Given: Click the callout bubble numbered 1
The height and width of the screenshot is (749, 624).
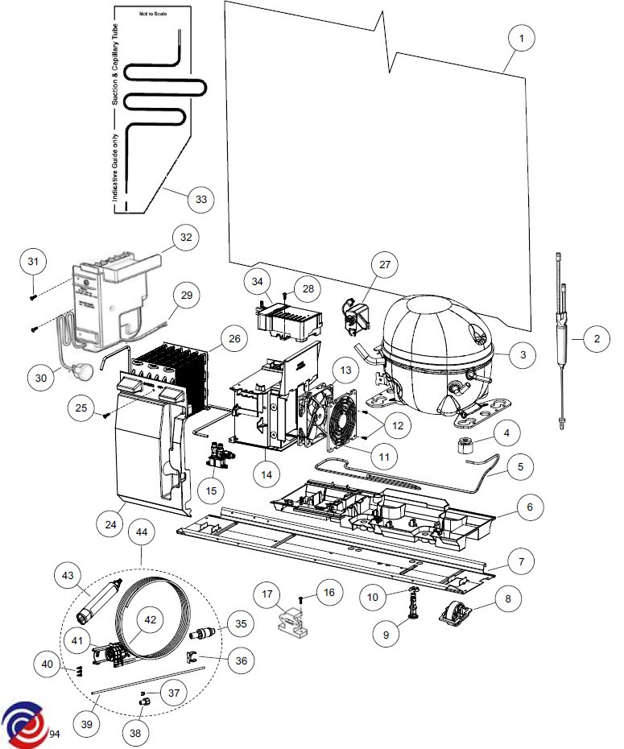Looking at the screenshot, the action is point(521,38).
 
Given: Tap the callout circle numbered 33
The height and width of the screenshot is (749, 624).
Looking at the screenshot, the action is point(201,199).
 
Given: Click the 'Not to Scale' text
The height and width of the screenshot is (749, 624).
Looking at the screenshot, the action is point(153,14).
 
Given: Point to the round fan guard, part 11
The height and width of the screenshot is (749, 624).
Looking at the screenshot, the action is point(342,420).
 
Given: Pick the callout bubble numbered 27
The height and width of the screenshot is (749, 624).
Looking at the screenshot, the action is point(385,264).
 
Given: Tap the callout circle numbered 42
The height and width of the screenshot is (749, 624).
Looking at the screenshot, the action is point(151,619).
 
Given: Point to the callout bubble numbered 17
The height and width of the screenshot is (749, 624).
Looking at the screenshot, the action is point(267,594).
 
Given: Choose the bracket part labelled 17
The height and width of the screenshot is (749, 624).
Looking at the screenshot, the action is point(291,623).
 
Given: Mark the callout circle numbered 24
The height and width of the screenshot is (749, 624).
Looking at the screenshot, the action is point(111,524).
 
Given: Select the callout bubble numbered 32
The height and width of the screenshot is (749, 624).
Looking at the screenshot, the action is point(186,237).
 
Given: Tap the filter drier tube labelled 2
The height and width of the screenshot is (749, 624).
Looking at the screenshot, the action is point(562,341).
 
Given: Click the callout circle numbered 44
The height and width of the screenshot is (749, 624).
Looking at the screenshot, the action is point(142,532).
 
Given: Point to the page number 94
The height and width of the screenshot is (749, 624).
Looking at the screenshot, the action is point(55,734).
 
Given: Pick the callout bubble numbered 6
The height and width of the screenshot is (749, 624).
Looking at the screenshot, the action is point(529,507).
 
